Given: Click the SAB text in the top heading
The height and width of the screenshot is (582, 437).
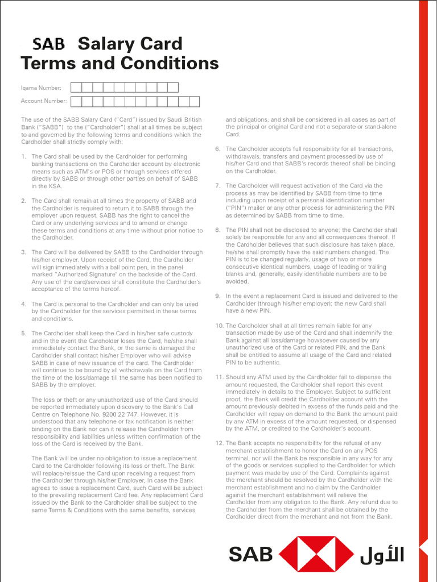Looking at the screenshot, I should coord(48,44).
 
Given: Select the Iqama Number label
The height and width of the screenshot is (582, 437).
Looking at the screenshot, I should coord(41,88).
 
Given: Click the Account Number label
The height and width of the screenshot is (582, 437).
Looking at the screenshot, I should coord(44,101).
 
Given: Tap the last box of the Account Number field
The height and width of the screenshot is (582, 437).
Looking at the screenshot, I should coord(194,101).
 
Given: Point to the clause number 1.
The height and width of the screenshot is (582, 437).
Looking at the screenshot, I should coord(23,156).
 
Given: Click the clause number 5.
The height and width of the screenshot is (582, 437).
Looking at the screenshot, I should coord(23,334).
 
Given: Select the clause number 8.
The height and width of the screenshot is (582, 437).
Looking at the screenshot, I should coord(217,230).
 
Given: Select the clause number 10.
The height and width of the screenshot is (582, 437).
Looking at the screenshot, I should coord(219,326).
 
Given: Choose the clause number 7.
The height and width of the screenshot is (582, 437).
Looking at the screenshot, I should coord(217,186).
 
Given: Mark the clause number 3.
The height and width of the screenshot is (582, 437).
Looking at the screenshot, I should coord(23,252).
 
